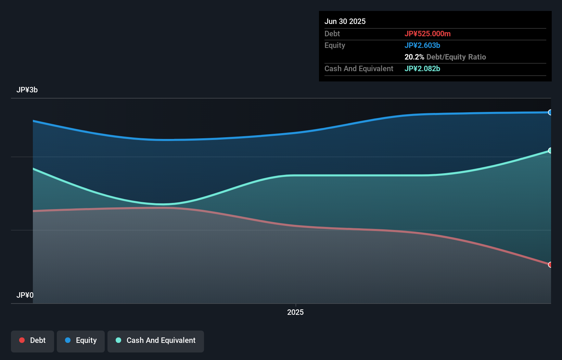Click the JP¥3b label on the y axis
27,90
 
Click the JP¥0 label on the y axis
25,295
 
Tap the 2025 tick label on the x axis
295,312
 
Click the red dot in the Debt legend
22,340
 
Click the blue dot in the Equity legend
68,340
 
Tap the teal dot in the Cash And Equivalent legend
118,340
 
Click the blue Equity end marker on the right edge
550,112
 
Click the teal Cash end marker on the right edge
550,151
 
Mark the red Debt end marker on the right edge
550,265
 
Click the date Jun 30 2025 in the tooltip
345,21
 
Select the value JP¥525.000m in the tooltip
427,34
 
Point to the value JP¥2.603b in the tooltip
422,45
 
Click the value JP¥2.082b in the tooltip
422,68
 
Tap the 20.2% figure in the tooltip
414,57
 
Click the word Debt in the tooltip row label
332,34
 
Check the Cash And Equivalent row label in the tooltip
359,68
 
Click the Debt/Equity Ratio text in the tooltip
456,57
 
